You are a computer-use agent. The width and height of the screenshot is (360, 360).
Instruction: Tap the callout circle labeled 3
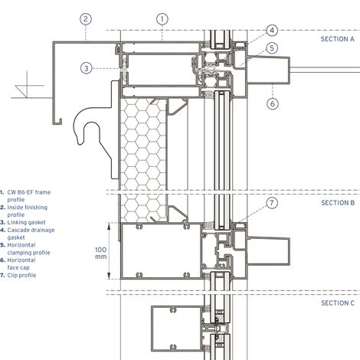87,67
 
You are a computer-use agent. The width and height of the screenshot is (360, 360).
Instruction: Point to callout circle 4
272,31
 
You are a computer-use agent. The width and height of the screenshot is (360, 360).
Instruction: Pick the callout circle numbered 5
272,47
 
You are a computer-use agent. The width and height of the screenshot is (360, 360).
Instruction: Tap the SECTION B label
338,203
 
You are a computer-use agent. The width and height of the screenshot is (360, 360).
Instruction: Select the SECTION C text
338,303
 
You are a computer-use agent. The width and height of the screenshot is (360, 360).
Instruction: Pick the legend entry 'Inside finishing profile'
29,211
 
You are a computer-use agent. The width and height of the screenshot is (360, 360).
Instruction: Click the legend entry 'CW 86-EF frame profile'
31,195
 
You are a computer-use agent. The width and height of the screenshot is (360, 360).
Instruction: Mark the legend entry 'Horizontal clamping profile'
31,251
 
